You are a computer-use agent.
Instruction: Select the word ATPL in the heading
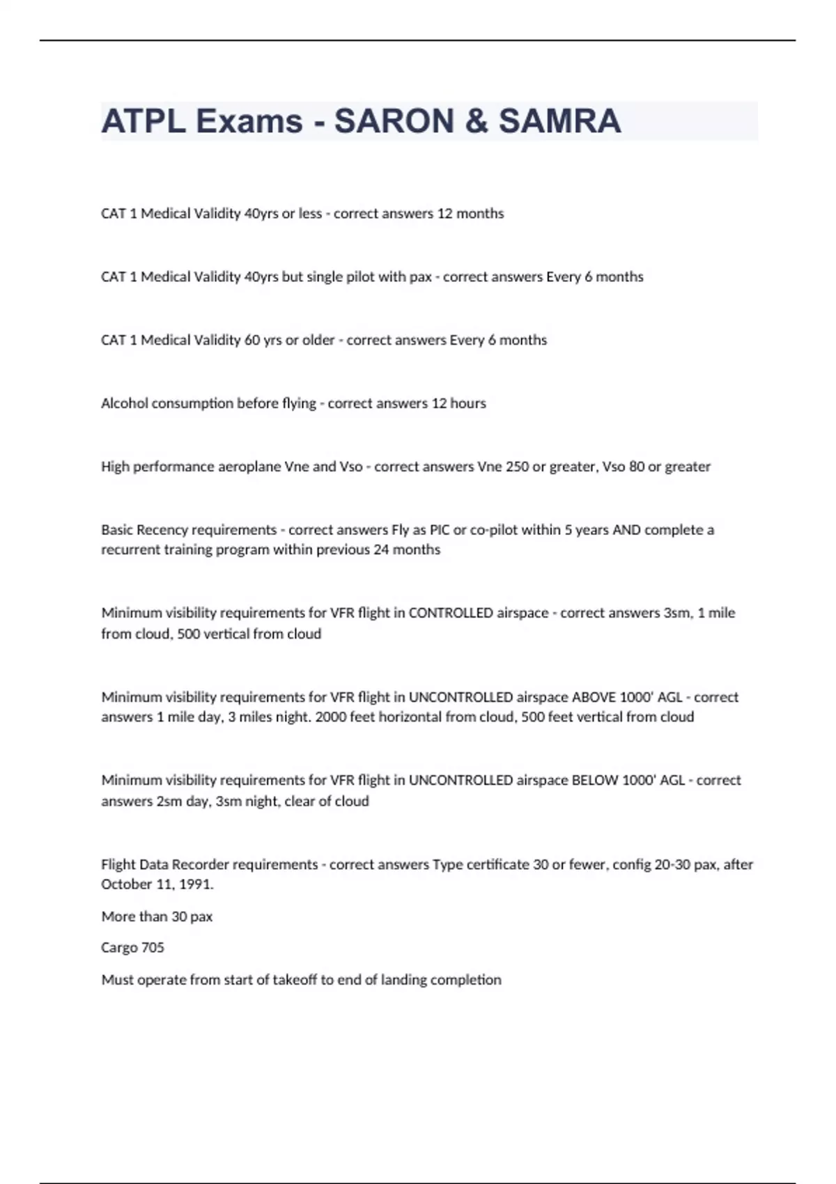coord(143,121)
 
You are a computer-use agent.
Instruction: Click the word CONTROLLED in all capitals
coord(450,613)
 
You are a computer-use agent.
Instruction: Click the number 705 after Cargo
coord(153,948)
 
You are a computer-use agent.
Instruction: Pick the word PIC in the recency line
coord(440,530)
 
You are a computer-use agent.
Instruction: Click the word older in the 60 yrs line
coord(318,340)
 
